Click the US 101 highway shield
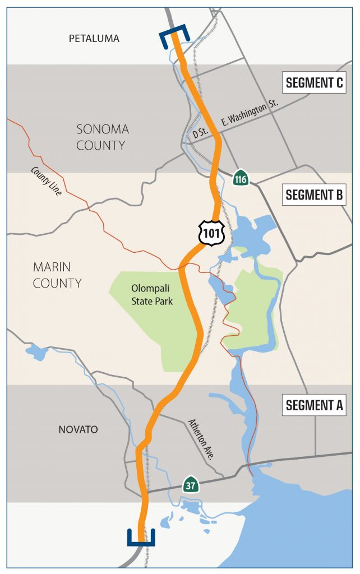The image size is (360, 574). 212,232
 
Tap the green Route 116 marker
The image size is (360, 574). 241,178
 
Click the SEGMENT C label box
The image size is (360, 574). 314,83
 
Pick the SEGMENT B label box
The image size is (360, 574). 314,195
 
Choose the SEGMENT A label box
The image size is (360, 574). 314,405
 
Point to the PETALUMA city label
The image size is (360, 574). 94,39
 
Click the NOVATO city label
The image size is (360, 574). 78,429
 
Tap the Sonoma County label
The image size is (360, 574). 103,137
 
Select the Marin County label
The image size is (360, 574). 57,275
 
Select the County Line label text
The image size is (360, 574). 48,180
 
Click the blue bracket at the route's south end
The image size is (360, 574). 141,537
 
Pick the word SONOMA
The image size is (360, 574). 103,129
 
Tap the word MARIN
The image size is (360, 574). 52,267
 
